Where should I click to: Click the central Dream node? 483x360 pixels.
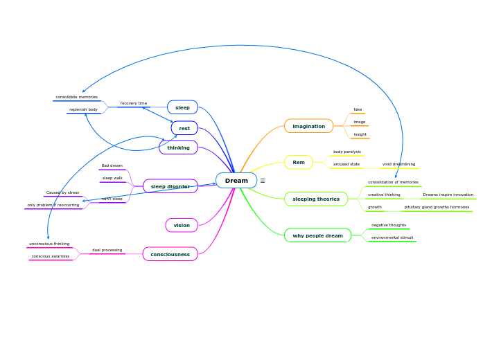click(x=236, y=181)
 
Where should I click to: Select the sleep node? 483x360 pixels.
click(x=182, y=107)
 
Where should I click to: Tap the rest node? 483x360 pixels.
click(x=184, y=128)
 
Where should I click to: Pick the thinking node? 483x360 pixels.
click(x=178, y=147)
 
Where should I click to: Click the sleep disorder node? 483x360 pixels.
click(x=170, y=186)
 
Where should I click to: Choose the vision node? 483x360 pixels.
click(x=182, y=225)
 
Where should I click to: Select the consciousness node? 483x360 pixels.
click(x=170, y=254)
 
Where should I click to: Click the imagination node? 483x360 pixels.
click(x=308, y=126)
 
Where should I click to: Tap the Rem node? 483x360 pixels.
click(x=299, y=163)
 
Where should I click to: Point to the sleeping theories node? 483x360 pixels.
click(x=316, y=199)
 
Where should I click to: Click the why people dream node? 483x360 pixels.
click(x=317, y=235)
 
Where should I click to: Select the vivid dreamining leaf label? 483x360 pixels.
click(x=398, y=164)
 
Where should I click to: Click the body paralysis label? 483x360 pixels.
click(x=346, y=152)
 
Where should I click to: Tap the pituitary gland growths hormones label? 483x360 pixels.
click(x=437, y=207)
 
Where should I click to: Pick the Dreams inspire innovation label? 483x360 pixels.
click(x=448, y=195)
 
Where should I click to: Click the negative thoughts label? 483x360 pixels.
click(x=389, y=225)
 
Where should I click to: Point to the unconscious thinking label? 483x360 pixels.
click(x=49, y=244)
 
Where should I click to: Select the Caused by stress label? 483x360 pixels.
click(x=62, y=192)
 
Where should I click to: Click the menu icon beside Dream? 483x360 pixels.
click(x=263, y=181)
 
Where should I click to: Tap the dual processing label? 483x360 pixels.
click(x=107, y=250)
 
